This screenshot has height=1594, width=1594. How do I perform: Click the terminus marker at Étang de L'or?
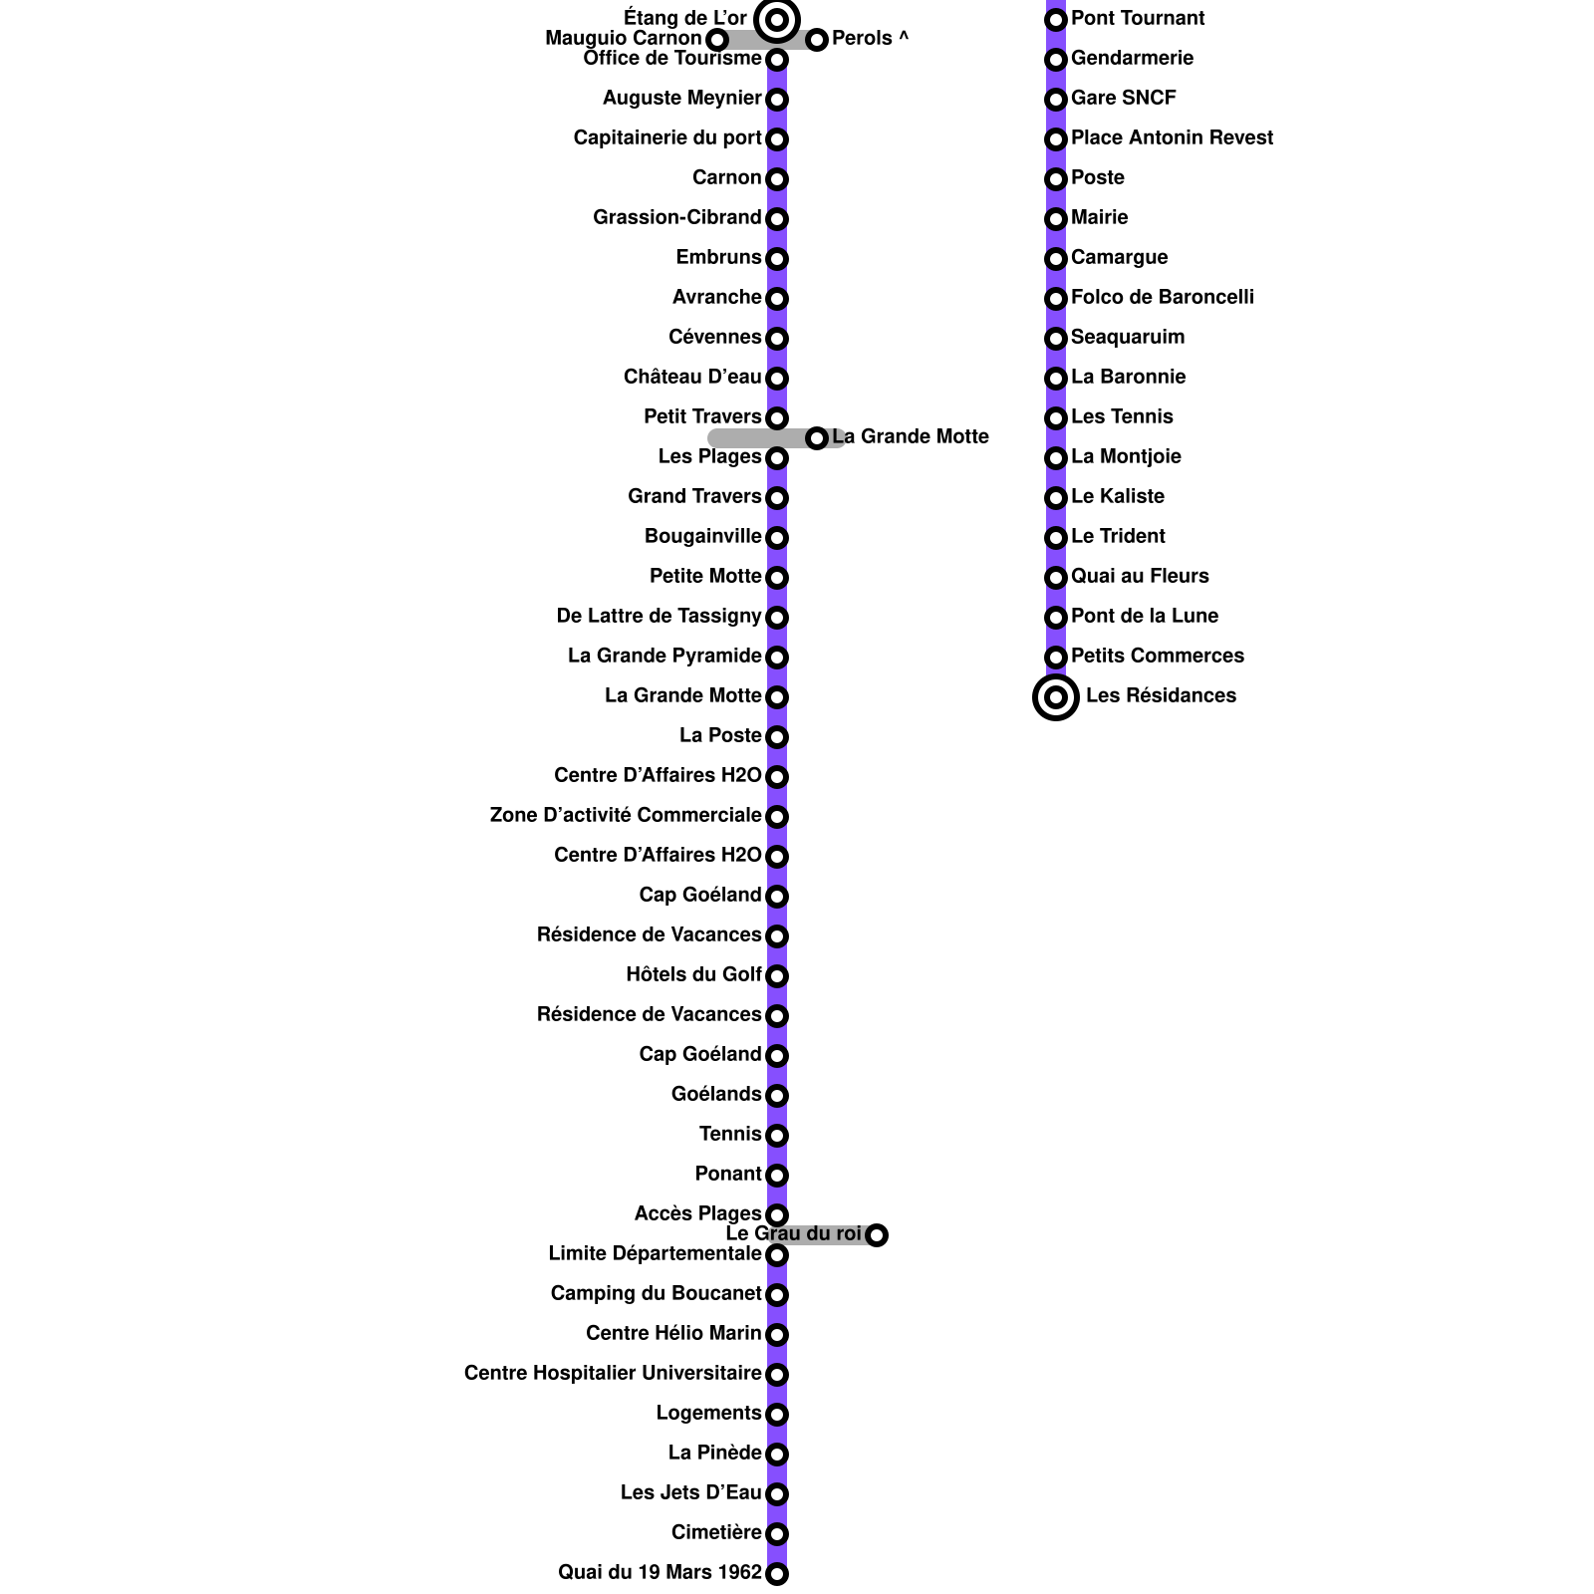point(777,20)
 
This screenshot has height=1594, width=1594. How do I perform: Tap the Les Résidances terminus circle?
point(1056,697)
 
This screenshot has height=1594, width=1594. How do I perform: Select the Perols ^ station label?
point(870,39)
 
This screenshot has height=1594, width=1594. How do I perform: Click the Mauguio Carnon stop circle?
point(716,40)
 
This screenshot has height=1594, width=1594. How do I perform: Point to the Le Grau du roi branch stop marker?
point(877,1235)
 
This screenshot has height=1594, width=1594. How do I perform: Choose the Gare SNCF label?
point(1123,98)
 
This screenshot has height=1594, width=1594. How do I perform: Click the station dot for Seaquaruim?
point(1056,339)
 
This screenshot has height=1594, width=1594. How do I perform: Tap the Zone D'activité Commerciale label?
point(626,815)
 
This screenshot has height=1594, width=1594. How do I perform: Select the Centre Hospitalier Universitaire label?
point(613,1373)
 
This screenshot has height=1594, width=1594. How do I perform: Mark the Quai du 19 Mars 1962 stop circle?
point(777,1574)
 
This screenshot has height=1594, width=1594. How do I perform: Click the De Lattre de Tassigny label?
point(659,616)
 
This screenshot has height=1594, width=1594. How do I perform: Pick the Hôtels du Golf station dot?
point(777,976)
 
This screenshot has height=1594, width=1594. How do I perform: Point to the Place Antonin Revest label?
point(1172,137)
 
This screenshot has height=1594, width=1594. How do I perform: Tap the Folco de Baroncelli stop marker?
point(1056,299)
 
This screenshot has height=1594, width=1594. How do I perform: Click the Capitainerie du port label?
point(667,137)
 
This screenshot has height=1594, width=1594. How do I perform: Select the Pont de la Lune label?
point(1144,616)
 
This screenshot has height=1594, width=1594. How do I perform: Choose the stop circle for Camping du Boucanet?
point(777,1295)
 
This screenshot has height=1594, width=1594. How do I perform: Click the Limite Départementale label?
point(655,1253)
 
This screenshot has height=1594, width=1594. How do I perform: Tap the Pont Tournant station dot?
point(1056,20)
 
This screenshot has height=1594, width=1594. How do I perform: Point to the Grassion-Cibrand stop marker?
point(777,219)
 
